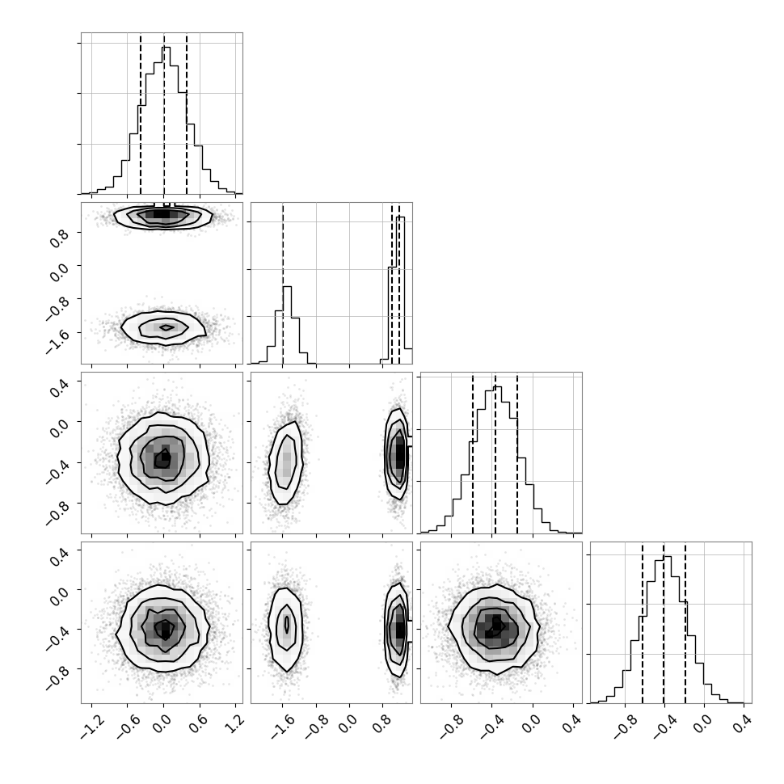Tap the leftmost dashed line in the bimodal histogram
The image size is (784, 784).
click(283, 283)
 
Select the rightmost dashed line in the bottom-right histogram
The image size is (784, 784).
click(685, 622)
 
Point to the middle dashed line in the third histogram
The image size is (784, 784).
click(495, 453)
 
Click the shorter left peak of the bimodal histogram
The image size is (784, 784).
click(287, 288)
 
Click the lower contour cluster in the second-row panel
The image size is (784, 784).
click(163, 327)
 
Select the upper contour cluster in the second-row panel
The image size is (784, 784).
click(163, 216)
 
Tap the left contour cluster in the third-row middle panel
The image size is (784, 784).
click(285, 462)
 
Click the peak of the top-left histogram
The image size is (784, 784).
click(166, 48)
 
